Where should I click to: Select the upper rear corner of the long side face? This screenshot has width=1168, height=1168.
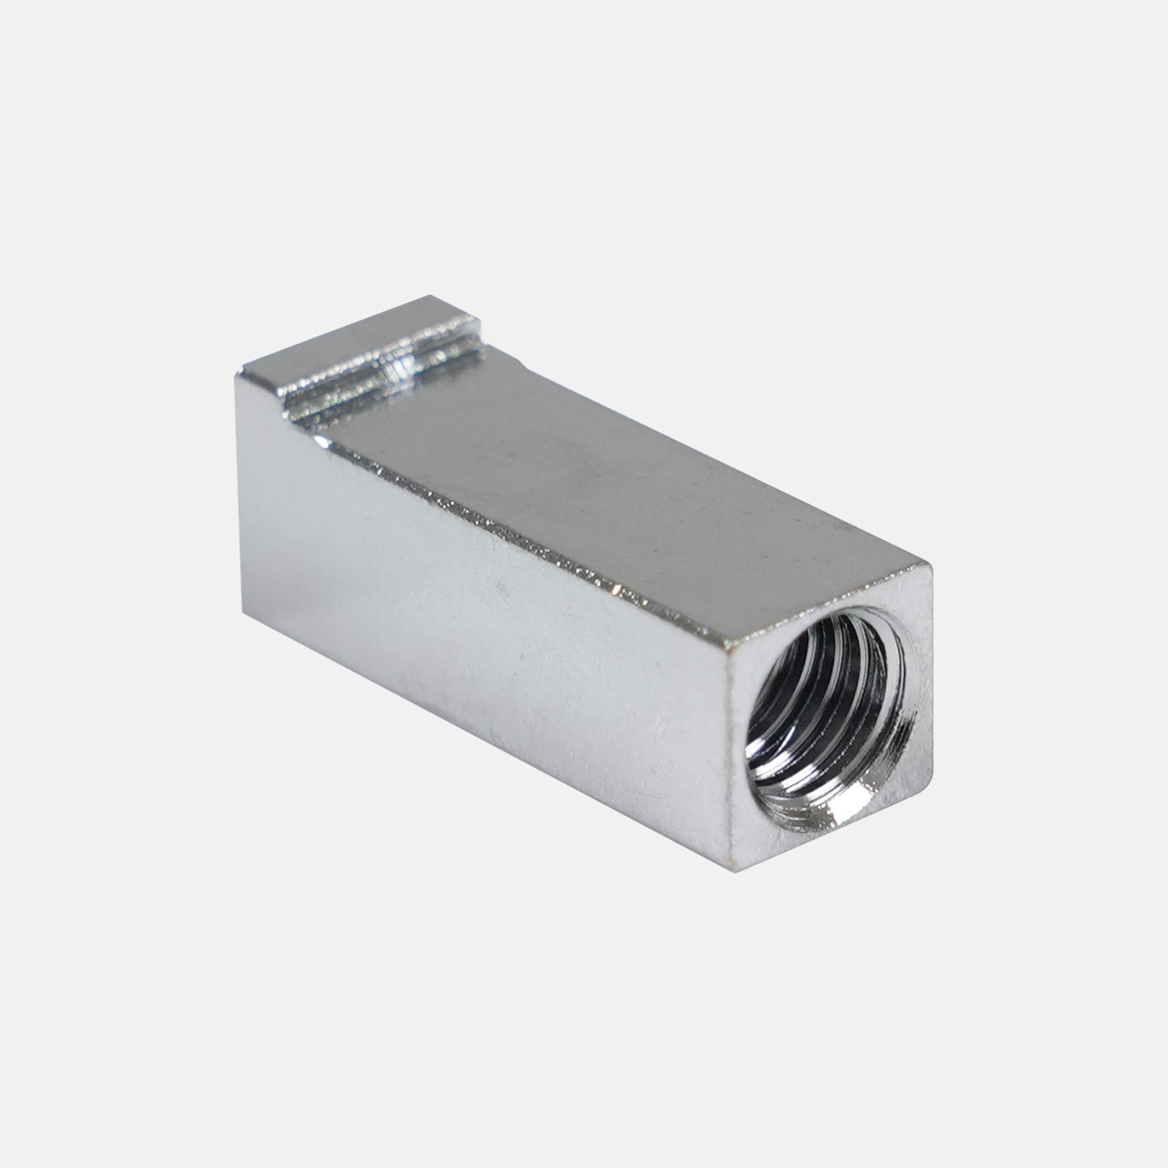tap(238, 375)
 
